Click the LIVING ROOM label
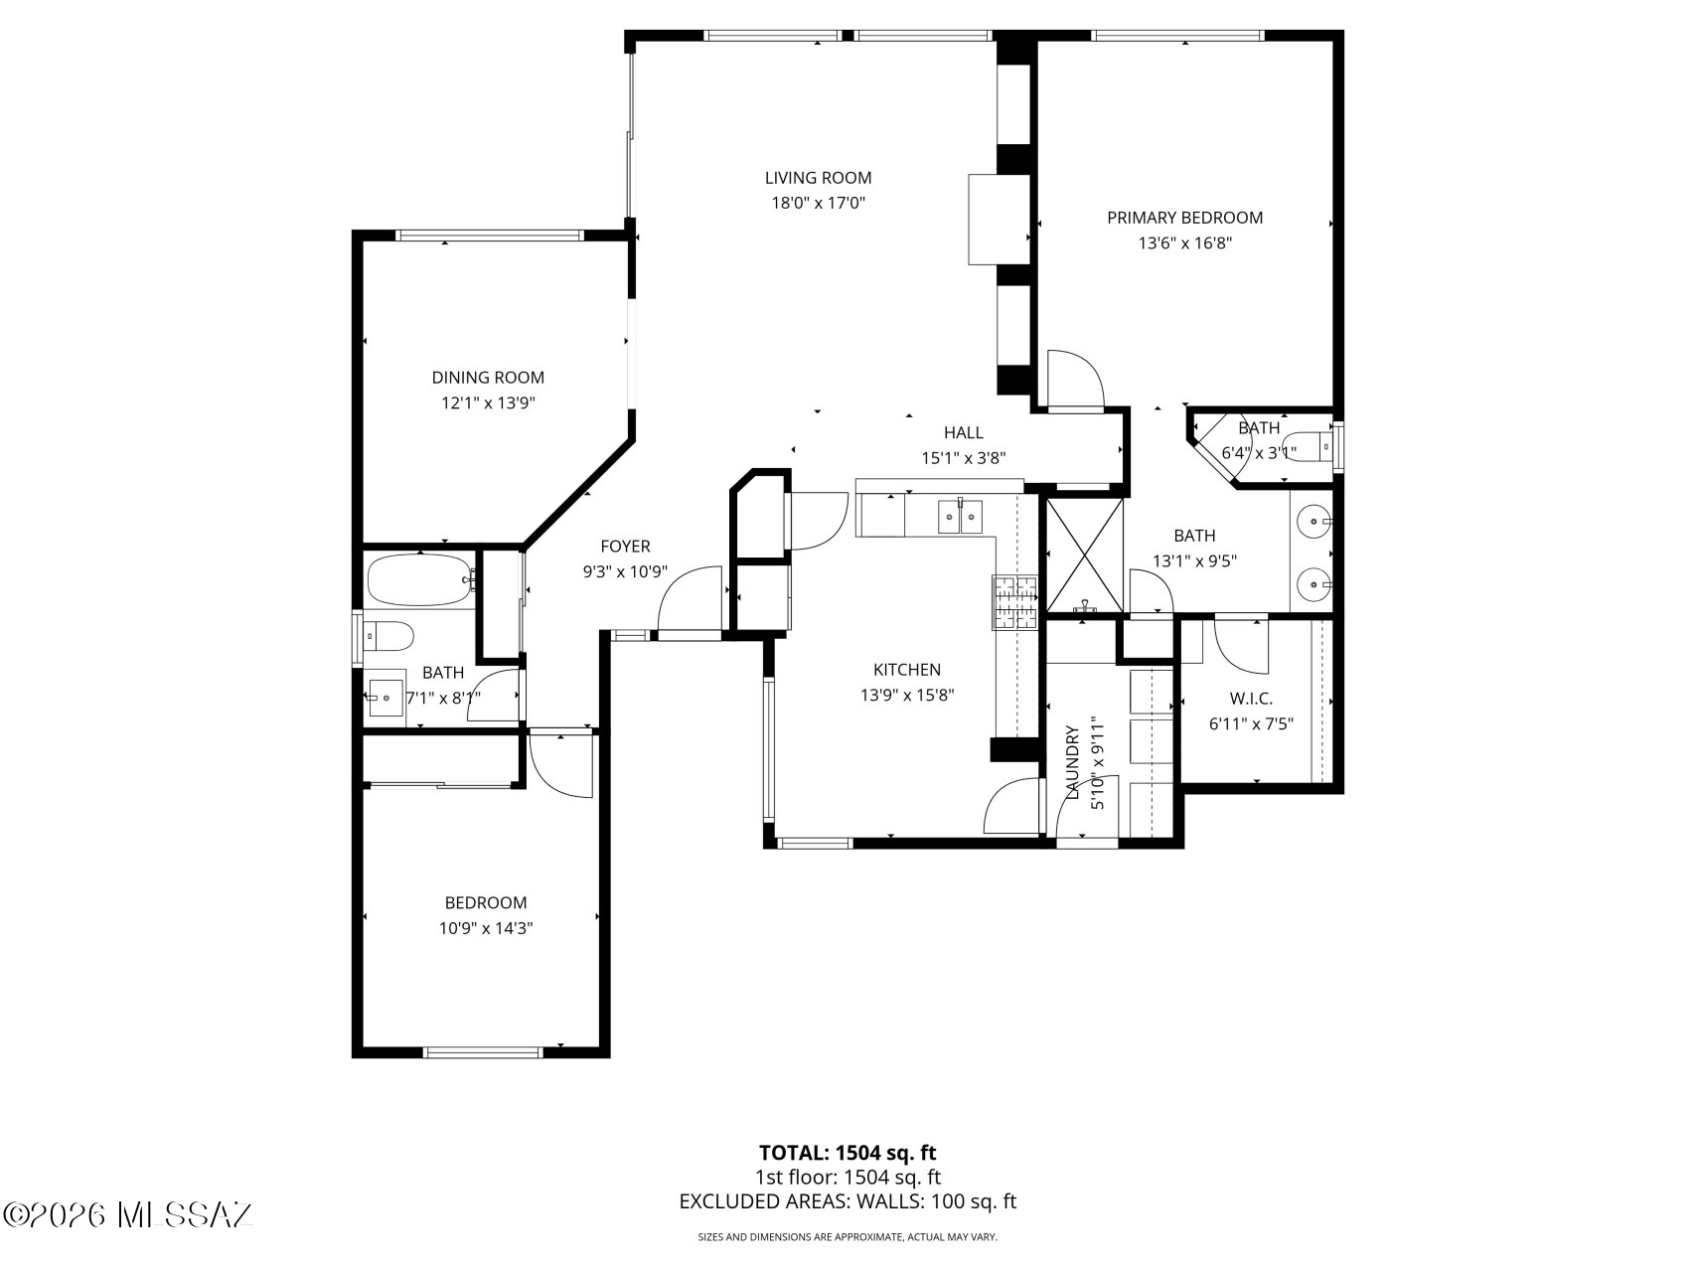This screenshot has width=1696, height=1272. point(818,178)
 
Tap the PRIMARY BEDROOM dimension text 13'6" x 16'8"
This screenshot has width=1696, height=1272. point(1184,243)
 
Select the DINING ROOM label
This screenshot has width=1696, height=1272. point(488,378)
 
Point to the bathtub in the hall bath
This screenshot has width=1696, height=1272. point(418,580)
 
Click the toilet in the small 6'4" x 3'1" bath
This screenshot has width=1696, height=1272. point(1307,447)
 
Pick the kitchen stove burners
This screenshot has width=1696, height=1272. point(1013,603)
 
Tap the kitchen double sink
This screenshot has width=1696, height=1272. point(960,517)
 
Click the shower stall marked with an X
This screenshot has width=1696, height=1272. point(1085,555)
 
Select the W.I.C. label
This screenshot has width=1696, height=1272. point(1251,699)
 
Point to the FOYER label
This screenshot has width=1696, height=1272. point(625,547)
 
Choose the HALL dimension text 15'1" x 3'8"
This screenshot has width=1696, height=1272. point(964,458)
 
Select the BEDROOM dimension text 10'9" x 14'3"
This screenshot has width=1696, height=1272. point(486,929)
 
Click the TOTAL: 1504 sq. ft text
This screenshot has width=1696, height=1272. point(848,1153)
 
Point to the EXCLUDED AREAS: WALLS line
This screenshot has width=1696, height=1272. point(848,1201)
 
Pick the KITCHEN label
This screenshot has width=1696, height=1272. point(907,670)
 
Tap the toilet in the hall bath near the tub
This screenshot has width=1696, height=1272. point(388,635)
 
